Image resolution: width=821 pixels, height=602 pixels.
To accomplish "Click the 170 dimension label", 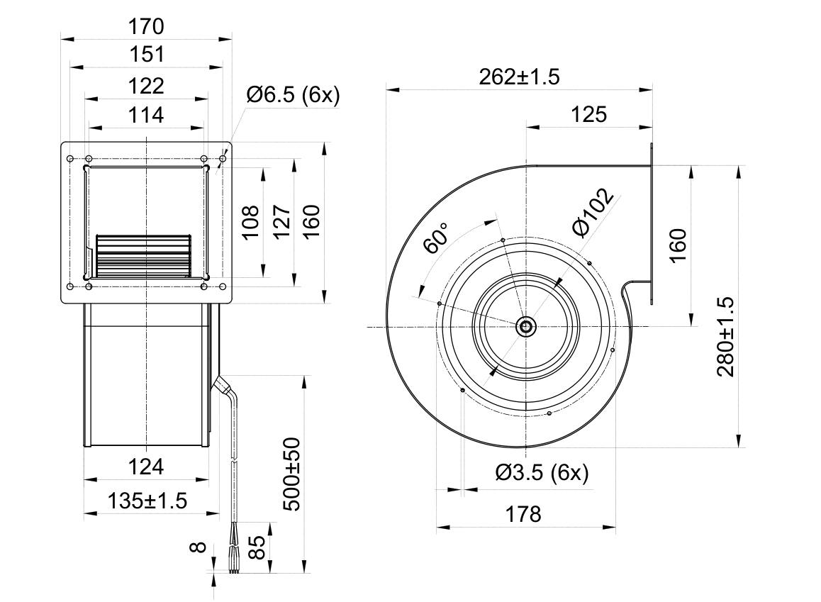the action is point(146,26).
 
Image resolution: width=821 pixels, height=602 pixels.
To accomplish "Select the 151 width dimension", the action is point(146,55).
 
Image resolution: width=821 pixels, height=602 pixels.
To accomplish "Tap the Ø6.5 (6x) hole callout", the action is point(294,95).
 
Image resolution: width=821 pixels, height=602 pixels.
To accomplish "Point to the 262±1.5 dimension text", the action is point(520,77).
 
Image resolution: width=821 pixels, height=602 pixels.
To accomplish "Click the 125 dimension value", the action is point(588,114).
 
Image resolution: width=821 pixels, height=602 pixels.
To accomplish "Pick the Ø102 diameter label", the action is point(593,213).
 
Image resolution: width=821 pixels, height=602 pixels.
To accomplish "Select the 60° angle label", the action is point(436,239).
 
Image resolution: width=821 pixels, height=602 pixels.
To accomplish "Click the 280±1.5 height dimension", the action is point(726,337).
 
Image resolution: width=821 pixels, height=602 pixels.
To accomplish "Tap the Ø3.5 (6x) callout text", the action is point(542,473).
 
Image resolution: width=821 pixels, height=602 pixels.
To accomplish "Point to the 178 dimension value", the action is point(523,514).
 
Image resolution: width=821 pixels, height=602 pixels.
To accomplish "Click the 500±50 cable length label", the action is point(292,474).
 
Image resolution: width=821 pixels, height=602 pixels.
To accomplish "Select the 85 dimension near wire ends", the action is point(257,547).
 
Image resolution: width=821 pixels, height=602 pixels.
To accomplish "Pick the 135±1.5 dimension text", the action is point(147,501).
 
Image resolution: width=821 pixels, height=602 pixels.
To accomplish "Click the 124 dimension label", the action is point(146,467).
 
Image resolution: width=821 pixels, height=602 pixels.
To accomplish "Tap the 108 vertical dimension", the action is point(251,222).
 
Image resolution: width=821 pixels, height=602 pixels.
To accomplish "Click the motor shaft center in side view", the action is point(525,327).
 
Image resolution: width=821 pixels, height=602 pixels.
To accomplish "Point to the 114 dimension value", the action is point(146,115).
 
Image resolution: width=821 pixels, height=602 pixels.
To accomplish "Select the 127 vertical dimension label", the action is point(281,222).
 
